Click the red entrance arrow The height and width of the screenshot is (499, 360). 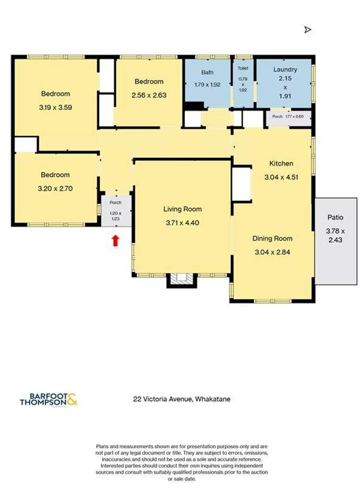(x=115, y=240)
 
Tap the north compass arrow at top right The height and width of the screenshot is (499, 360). (x=308, y=30)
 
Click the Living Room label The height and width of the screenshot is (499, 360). (x=182, y=209)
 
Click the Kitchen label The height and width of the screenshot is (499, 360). (x=281, y=164)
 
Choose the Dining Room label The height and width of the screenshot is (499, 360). (x=273, y=238)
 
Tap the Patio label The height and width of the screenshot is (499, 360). (x=335, y=217)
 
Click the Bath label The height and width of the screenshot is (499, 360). (x=207, y=72)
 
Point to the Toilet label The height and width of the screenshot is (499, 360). (x=243, y=69)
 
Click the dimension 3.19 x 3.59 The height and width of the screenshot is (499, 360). (x=55, y=108)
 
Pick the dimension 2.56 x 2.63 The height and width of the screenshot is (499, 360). (x=149, y=95)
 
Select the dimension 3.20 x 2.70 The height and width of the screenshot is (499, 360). (x=55, y=189)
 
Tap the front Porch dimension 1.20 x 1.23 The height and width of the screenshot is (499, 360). (x=116, y=215)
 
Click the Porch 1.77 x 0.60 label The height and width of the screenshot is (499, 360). (x=288, y=116)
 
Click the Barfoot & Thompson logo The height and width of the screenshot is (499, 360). (x=48, y=399)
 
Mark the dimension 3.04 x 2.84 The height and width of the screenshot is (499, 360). (x=273, y=251)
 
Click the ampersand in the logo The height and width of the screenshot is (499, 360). (x=72, y=399)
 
